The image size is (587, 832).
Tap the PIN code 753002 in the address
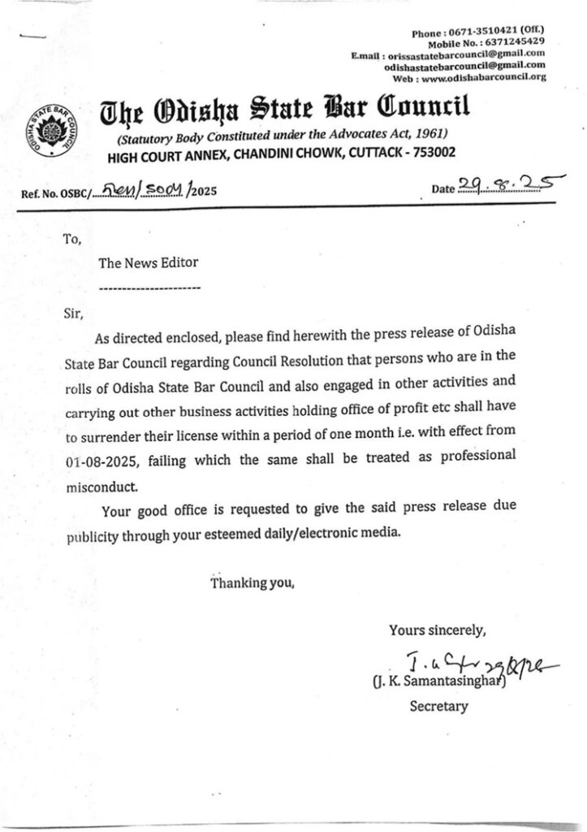click(x=432, y=152)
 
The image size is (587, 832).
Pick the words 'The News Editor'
click(x=148, y=262)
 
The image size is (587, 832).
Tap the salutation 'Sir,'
click(x=73, y=313)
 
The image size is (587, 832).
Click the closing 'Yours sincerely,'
click(x=438, y=629)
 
